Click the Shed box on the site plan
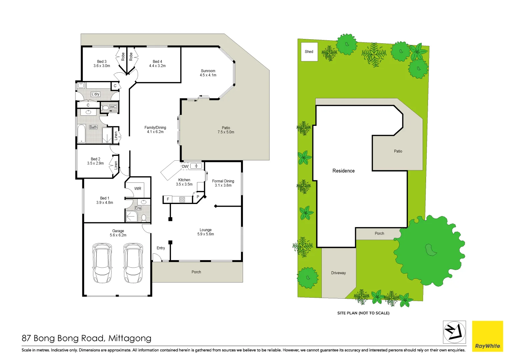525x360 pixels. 309,52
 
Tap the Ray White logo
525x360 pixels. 487,336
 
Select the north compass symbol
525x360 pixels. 454,332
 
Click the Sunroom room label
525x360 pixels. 208,71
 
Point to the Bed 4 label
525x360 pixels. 157,62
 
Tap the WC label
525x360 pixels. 113,107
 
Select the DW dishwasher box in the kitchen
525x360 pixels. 185,166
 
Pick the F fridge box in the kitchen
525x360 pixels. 168,199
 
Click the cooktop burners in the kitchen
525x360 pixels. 182,200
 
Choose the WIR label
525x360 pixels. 138,189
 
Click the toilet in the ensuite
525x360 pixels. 144,218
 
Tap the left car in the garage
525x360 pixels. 102,263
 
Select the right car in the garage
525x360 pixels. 133,263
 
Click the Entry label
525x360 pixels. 161,248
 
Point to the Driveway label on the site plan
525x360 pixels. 338,273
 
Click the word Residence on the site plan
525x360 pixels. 343,171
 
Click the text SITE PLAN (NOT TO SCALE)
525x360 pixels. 363,313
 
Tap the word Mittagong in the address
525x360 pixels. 130,338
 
